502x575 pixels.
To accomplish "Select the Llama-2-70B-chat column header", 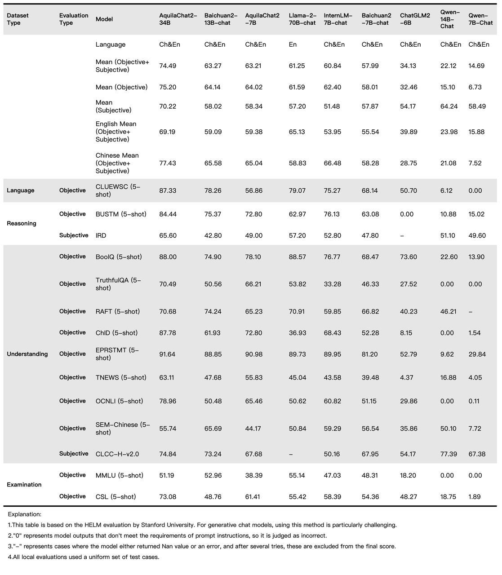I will click(302, 19).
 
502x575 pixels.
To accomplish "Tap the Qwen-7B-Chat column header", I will click(480, 19).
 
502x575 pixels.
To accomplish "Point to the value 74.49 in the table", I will click(168, 66).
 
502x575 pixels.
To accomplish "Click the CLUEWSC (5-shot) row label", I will click(118, 190).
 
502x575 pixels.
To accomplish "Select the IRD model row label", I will click(101, 235).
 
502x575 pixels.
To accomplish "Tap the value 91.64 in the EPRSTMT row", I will click(168, 354).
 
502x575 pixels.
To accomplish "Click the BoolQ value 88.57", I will click(297, 257).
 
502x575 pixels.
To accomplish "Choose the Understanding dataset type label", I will click(27, 354).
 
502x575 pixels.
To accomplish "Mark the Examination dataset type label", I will click(24, 485).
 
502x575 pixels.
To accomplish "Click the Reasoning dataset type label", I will click(22, 223).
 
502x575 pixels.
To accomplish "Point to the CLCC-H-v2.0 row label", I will click(117, 454).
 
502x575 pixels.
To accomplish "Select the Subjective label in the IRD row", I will click(74, 235).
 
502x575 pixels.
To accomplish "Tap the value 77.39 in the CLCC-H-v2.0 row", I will click(449, 454).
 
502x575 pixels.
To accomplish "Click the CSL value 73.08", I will click(168, 496).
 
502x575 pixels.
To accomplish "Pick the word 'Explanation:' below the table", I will click(25, 514).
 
